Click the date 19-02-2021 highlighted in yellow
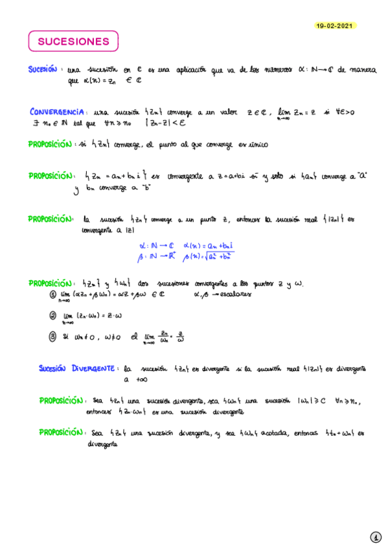click(336, 25)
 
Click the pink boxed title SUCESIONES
click(73, 42)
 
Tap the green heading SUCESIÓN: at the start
click(43, 69)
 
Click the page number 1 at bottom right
click(375, 537)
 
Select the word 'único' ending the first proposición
click(257, 143)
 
